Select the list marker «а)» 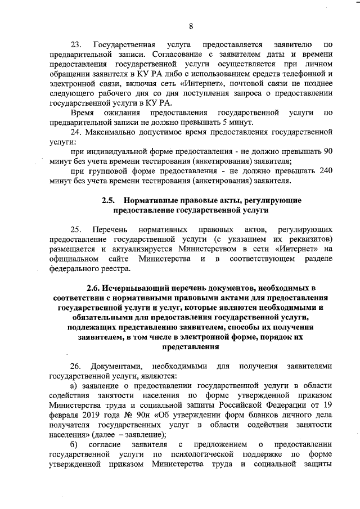tap(73, 386)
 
